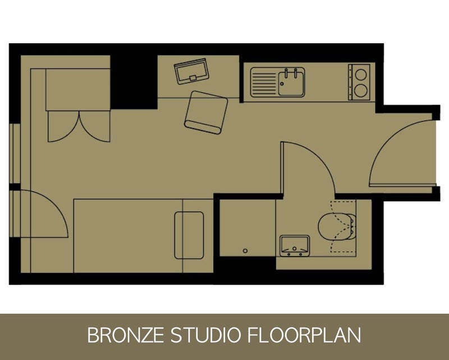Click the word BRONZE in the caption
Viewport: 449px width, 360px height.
pyautogui.click(x=125, y=335)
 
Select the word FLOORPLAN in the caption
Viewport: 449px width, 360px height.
pyautogui.click(x=304, y=335)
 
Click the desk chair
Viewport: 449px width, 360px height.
pyautogui.click(x=206, y=112)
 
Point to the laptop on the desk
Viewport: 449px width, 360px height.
pyautogui.click(x=191, y=71)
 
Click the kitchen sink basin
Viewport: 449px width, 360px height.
pyautogui.click(x=291, y=83)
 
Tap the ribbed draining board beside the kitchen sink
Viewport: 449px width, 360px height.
pyautogui.click(x=264, y=83)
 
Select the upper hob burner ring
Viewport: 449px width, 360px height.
pyautogui.click(x=361, y=75)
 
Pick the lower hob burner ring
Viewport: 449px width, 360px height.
pyautogui.click(x=361, y=90)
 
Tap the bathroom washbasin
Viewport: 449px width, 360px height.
pyautogui.click(x=294, y=245)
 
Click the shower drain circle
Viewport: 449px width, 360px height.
pyautogui.click(x=245, y=251)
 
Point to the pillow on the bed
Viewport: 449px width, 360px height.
pyautogui.click(x=189, y=235)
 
